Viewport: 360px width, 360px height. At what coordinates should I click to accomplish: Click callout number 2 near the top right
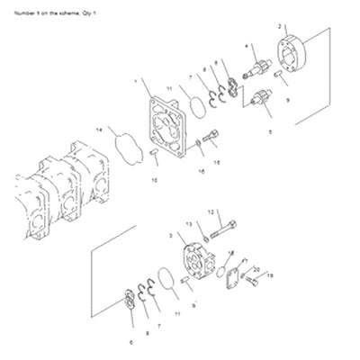point(280,26)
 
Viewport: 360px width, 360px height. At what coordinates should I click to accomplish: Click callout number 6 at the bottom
point(130,343)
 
